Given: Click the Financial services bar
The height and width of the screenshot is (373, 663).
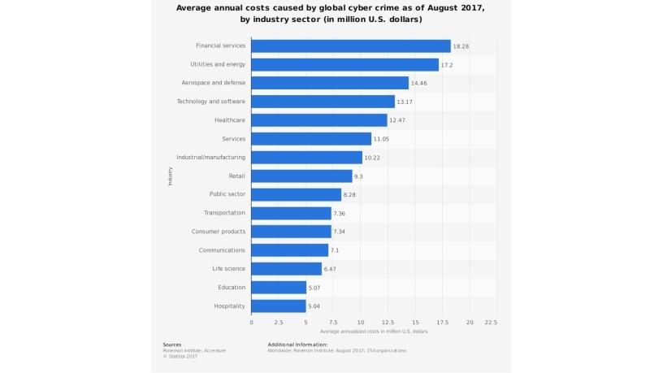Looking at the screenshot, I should [351, 46].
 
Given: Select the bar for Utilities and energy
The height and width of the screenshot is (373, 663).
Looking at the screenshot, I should [344, 64].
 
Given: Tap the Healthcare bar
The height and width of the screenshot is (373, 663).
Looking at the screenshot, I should [319, 120].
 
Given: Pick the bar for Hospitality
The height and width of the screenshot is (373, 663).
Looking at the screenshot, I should [279, 306].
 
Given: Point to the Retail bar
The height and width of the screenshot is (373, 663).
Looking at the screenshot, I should [301, 176].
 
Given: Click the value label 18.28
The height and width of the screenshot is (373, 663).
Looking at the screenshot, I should [461, 46].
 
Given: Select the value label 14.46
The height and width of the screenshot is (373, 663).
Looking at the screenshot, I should [420, 83].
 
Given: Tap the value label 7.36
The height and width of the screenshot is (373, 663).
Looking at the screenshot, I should [341, 214].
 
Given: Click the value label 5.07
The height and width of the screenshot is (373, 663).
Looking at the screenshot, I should [317, 288].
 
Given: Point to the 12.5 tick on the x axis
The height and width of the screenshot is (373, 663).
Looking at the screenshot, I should [388, 323].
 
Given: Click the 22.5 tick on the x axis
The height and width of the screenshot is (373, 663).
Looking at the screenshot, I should [491, 323].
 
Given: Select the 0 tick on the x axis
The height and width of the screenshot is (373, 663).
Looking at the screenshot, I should [251, 323].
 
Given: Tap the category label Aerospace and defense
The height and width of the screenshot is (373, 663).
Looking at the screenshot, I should [214, 83].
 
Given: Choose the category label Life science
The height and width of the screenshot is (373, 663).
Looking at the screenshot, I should [228, 269].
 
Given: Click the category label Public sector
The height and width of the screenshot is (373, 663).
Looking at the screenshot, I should [227, 194].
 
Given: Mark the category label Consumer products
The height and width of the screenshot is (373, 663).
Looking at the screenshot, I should [219, 232].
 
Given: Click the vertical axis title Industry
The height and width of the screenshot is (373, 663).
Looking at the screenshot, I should [171, 176].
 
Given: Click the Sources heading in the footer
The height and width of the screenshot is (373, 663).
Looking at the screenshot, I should [172, 344].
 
